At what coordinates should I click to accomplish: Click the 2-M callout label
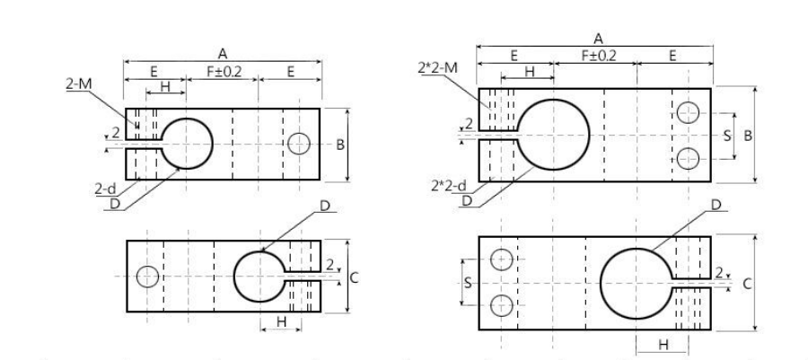tap(79, 84)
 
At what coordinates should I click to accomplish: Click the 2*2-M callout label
tap(437, 67)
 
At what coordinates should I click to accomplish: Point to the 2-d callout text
tap(105, 189)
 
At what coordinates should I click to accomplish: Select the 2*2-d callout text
tap(449, 186)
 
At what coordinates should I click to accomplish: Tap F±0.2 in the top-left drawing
tap(224, 71)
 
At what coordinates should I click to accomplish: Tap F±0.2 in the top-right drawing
tap(598, 56)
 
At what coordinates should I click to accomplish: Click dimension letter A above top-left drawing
tap(222, 54)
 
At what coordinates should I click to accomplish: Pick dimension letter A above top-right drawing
tap(598, 39)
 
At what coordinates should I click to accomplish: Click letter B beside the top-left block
tap(340, 145)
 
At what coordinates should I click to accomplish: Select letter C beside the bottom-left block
tap(354, 277)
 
